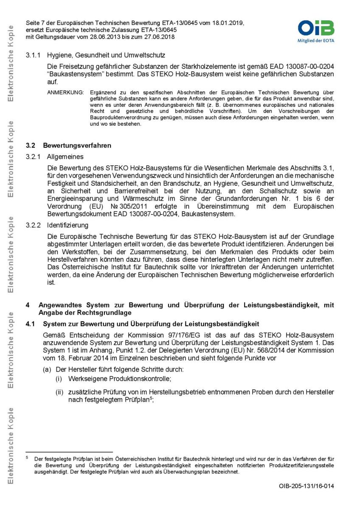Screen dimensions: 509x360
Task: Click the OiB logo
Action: [x=315, y=28]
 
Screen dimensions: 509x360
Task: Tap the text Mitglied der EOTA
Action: [x=315, y=42]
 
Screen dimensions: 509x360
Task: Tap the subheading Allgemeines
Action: [x=66, y=157]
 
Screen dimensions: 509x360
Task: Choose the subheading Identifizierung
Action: [x=67, y=225]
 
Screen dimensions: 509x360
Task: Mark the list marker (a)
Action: [x=46, y=369]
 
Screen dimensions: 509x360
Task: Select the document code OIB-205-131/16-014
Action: [x=306, y=486]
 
